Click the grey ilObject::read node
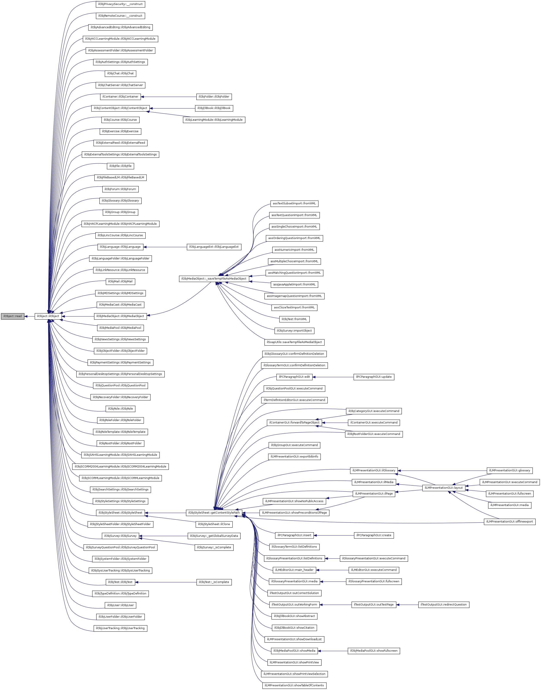pos(13,316)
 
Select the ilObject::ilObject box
pos(48,316)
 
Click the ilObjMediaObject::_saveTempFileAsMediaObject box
pos(214,279)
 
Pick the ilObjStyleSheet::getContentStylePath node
pos(214,513)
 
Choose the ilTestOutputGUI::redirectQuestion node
pos(443,604)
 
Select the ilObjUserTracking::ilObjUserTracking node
pos(120,628)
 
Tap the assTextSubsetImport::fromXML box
pos(294,204)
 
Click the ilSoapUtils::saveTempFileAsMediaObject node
pos(294,342)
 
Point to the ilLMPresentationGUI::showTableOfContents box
pos(294,685)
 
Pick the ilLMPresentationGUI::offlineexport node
pos(510,522)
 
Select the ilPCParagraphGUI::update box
pos(374,377)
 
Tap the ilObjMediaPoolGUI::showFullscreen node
pos(374,651)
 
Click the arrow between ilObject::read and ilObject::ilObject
pos(29,316)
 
